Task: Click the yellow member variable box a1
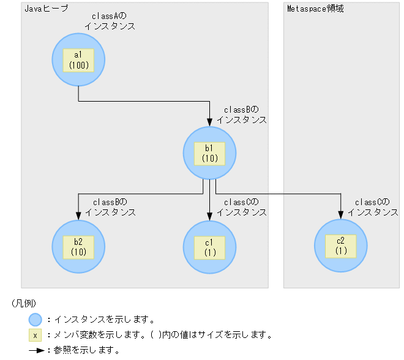click(x=79, y=60)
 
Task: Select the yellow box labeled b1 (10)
click(x=209, y=152)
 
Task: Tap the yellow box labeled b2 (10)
click(x=78, y=246)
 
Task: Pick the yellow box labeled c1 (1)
click(x=209, y=246)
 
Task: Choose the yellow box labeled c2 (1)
click(x=341, y=246)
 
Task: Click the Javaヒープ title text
click(x=46, y=9)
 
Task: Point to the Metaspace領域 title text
click(x=315, y=9)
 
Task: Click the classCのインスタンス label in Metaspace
click(x=373, y=207)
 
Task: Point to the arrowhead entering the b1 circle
click(x=209, y=122)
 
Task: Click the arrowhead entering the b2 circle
click(x=78, y=216)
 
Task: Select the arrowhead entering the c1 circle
click(x=209, y=216)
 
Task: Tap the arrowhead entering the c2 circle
click(x=341, y=216)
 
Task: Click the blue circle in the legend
click(x=35, y=319)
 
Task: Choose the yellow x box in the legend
click(x=35, y=335)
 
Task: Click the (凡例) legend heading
click(x=24, y=304)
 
